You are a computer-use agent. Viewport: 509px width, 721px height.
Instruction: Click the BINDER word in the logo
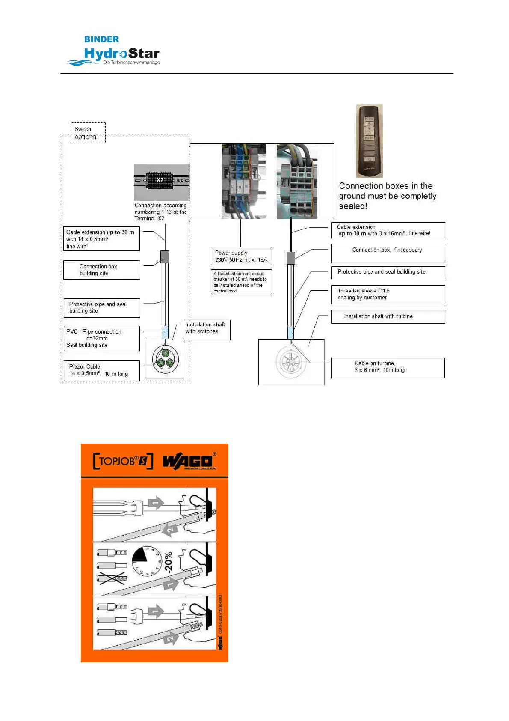pos(101,39)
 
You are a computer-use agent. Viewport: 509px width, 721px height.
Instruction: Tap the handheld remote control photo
pos(370,141)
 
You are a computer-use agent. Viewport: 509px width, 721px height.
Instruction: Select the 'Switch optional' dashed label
pos(88,133)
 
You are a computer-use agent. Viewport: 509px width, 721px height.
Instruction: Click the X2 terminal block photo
pos(161,182)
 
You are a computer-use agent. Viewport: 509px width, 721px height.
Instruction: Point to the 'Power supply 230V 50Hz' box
pos(241,256)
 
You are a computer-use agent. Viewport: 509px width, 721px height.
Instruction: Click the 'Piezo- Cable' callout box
pos(101,370)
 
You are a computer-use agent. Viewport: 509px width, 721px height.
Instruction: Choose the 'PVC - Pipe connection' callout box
pos(101,338)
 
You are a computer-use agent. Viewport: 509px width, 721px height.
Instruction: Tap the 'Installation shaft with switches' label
pos(207,330)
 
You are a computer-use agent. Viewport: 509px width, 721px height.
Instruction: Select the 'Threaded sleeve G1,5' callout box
pos(388,295)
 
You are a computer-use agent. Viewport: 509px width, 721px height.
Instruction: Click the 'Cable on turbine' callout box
pos(388,367)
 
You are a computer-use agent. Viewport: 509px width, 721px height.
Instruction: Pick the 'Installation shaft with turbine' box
pos(388,316)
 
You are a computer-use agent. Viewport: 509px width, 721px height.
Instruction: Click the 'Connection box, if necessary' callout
pos(388,253)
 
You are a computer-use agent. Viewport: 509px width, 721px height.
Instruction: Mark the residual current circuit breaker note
pos(241,281)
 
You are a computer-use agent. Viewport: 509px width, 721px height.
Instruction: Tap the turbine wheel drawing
pos(290,362)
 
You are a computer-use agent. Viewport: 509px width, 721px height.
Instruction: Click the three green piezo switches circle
pos(165,359)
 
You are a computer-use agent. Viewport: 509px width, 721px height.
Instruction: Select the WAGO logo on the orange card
pos(188,462)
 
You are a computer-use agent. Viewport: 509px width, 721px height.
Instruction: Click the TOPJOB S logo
pos(123,461)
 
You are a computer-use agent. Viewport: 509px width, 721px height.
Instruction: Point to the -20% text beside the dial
pos(168,562)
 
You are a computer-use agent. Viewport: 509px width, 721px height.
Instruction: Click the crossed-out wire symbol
pos(112,579)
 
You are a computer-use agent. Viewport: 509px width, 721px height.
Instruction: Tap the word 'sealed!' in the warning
pos(353,206)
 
